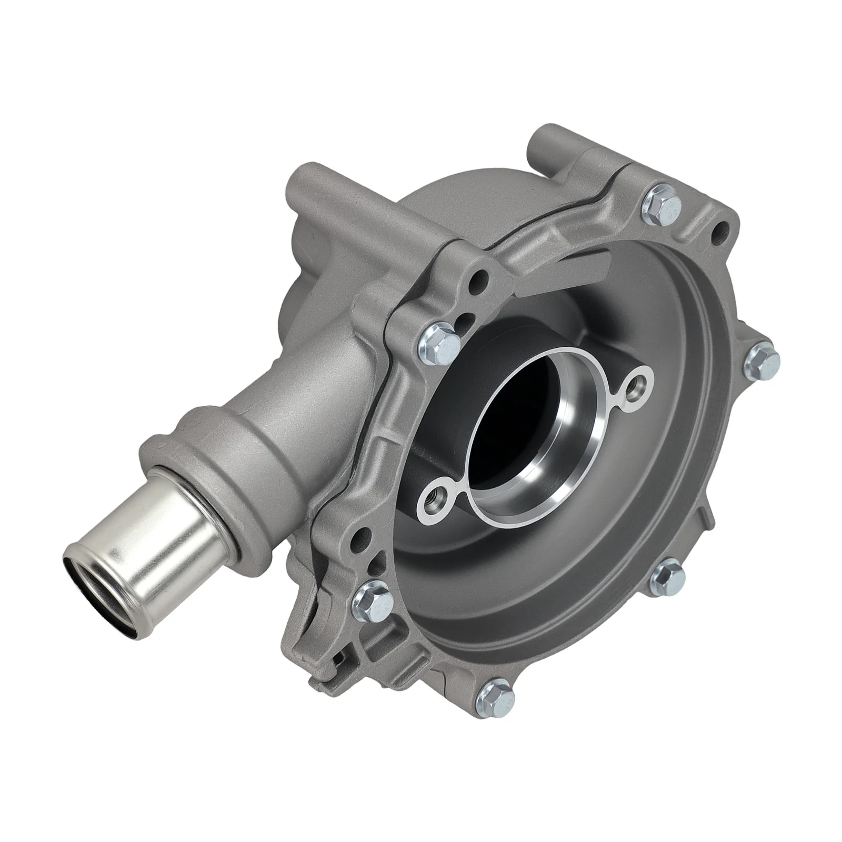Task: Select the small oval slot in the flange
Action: (462, 320)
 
